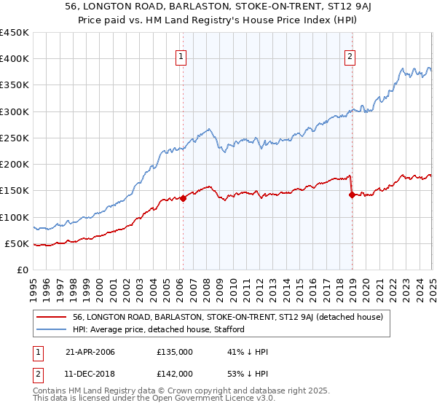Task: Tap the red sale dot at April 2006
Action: click(x=183, y=198)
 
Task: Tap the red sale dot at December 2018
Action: click(x=352, y=195)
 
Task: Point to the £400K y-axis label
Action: click(x=15, y=59)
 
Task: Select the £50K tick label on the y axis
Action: click(x=17, y=243)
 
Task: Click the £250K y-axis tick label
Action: click(x=15, y=138)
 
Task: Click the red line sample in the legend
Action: click(x=52, y=317)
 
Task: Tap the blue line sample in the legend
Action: click(x=52, y=329)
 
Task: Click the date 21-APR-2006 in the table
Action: click(x=90, y=352)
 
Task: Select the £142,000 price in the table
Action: click(x=174, y=375)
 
